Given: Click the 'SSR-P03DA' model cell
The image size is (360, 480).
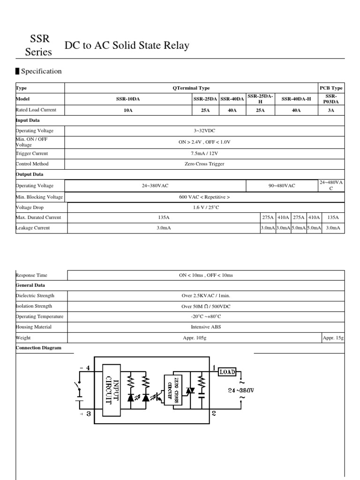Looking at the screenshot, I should click(331, 99).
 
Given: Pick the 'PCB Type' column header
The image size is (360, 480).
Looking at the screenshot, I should click(331, 88).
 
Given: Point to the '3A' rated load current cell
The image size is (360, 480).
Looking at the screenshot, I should click(331, 110).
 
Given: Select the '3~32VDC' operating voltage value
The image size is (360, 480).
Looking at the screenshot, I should click(204, 131).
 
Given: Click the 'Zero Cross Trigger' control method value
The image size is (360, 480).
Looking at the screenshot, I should click(204, 164).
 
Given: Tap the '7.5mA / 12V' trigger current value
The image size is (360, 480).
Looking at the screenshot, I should click(204, 153).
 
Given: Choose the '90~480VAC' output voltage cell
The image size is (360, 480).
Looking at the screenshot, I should click(282, 186).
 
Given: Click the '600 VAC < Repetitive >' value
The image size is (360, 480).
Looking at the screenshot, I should click(204, 197).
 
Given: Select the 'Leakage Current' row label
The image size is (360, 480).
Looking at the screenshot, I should click(33, 228).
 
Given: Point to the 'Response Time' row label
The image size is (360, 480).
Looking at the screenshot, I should click(31, 275).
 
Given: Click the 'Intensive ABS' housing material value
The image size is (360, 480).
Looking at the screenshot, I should click(205, 327).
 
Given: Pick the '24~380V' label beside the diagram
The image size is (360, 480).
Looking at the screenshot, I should click(241, 390).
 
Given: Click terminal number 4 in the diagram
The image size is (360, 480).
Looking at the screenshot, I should click(88, 368).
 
